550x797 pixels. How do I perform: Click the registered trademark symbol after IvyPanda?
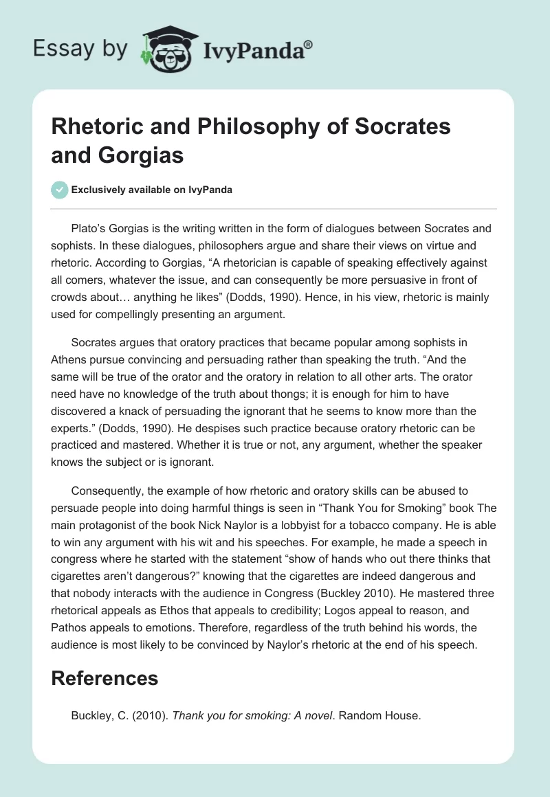coord(309,45)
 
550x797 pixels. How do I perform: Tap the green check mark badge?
coord(60,190)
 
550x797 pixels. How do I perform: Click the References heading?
coord(104,678)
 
